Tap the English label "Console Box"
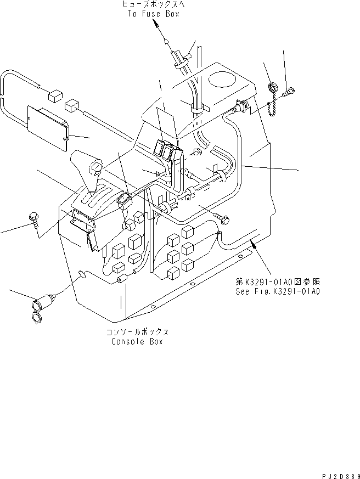[137, 341]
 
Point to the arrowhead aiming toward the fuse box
[157, 25]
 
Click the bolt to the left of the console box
[33, 220]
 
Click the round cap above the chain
[271, 87]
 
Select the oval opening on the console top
[223, 81]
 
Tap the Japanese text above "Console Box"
[137, 333]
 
